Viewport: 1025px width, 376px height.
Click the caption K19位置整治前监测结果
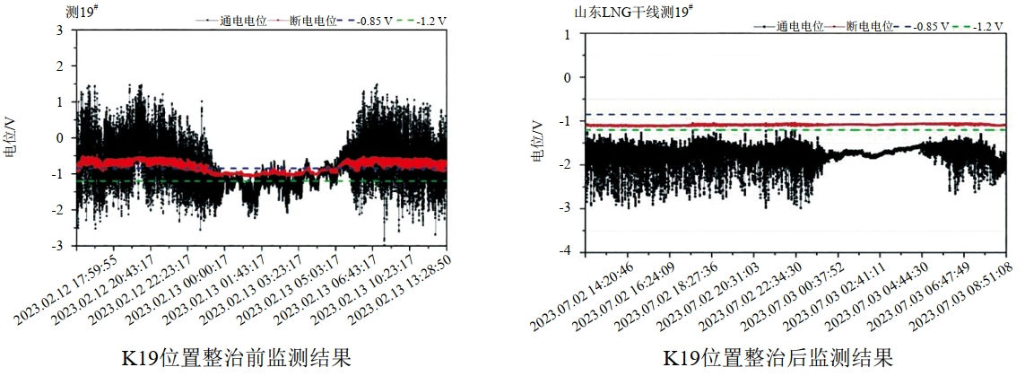236,359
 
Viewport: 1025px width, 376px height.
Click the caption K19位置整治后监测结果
777,359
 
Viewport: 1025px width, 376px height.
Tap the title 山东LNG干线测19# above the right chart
634,12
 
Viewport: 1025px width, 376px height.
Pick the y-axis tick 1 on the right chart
567,34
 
